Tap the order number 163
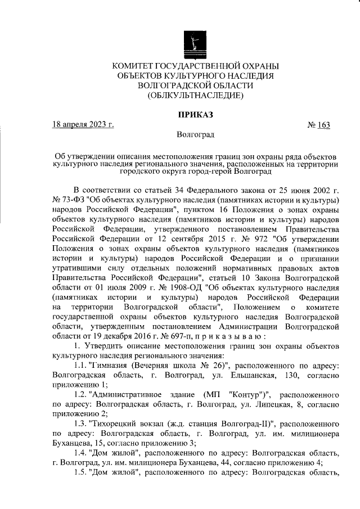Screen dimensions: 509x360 [323, 124]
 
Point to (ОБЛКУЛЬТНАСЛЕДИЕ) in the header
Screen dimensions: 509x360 [195, 96]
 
